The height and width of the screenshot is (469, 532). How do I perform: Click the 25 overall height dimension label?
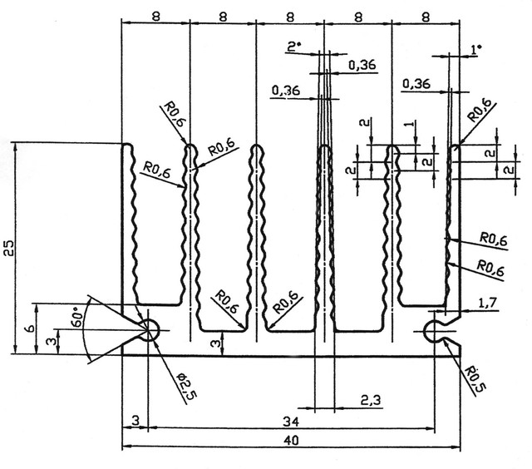pyautogui.click(x=9, y=248)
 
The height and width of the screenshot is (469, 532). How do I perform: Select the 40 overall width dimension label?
pyautogui.click(x=291, y=441)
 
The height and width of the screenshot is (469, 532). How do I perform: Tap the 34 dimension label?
pyautogui.click(x=291, y=422)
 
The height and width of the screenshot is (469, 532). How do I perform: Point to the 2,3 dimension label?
pyautogui.click(x=371, y=401)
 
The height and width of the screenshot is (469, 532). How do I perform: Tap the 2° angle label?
pyautogui.click(x=293, y=47)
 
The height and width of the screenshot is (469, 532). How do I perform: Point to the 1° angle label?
pyautogui.click(x=476, y=50)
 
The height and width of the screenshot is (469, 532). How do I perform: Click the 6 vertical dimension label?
pyautogui.click(x=30, y=328)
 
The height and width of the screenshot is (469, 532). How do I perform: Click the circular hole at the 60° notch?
pyautogui.click(x=149, y=329)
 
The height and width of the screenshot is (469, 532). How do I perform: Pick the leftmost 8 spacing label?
pyautogui.click(x=155, y=17)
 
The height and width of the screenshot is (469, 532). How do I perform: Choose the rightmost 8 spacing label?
pyautogui.click(x=426, y=17)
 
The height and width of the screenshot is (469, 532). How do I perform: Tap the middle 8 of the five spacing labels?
pyautogui.click(x=290, y=17)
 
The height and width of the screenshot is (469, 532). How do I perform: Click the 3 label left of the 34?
pyautogui.click(x=135, y=421)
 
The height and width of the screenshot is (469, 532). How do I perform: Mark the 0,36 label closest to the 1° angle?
pyautogui.click(x=416, y=84)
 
